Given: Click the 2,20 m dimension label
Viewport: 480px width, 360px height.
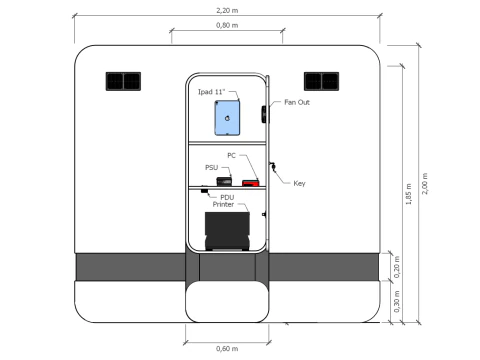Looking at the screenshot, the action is (x=227, y=10).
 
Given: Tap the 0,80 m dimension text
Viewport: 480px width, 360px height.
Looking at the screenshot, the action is (x=227, y=25).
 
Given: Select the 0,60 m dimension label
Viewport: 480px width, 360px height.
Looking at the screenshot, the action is (x=227, y=349).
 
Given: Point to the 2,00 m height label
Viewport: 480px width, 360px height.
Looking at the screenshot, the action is (x=424, y=184).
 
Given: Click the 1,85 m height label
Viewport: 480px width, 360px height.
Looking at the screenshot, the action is (x=408, y=194).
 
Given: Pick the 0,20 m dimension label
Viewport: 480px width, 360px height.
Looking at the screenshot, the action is (x=396, y=267).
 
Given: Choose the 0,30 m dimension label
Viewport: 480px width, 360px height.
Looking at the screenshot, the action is (x=396, y=302).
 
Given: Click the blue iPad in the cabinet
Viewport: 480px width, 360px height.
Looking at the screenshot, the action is (x=227, y=118).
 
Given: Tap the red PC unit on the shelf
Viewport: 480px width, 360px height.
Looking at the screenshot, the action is (x=250, y=183).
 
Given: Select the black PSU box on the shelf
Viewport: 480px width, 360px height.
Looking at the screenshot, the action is (x=224, y=181).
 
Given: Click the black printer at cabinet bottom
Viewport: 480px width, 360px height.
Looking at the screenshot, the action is (x=227, y=231).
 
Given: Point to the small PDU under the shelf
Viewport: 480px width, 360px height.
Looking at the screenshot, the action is (x=204, y=191).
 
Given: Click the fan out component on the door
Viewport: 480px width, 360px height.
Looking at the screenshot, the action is (x=264, y=114).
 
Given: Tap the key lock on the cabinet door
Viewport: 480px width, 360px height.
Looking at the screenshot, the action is (x=273, y=167).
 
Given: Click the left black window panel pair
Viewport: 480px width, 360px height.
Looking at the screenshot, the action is (x=123, y=81).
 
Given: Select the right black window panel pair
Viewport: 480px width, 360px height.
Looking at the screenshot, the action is (x=321, y=81).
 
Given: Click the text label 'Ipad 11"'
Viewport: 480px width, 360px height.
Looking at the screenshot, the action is (x=212, y=92).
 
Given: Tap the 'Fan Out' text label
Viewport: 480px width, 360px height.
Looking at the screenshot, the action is (x=297, y=102).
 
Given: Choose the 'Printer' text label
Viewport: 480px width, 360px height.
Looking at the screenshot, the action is (x=223, y=204).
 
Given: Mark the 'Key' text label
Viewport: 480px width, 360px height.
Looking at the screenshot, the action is (x=299, y=183).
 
